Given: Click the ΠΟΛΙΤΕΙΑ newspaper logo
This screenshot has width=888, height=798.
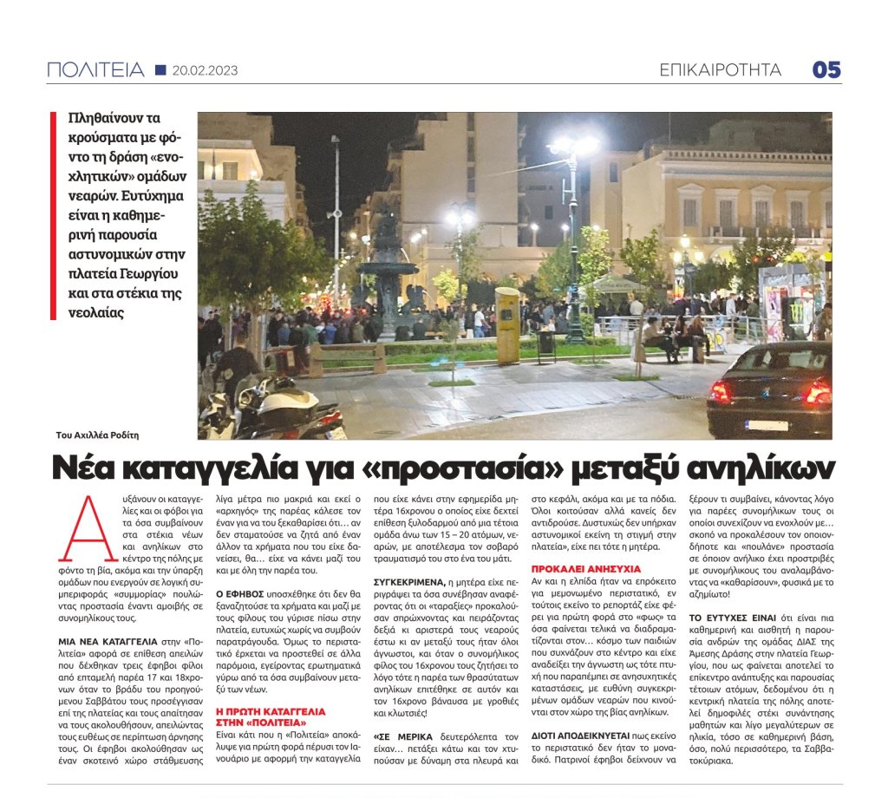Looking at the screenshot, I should pyautogui.click(x=95, y=70).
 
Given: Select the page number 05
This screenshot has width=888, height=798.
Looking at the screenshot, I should pyautogui.click(x=826, y=70).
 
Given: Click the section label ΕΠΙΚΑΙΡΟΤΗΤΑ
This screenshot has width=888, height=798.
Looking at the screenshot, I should pyautogui.click(x=720, y=70).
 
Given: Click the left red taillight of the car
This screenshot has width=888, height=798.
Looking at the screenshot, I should pyautogui.click(x=719, y=391).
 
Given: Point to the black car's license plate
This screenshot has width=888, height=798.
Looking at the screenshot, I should pyautogui.click(x=767, y=425).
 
